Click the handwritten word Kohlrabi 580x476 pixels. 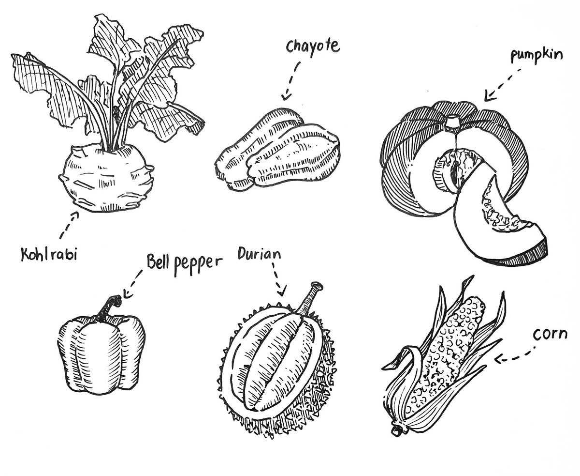coord(49,254)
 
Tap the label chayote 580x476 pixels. coord(313,47)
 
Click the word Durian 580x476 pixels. coord(260,253)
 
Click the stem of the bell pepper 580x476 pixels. coord(108,307)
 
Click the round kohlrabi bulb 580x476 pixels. coord(106,178)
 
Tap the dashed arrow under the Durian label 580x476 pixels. coord(278,279)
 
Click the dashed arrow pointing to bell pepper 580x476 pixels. coord(132,284)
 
